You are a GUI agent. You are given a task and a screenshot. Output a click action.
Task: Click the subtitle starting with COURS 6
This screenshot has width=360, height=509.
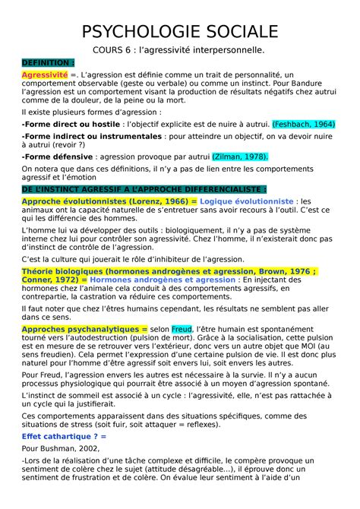pos(179,50)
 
